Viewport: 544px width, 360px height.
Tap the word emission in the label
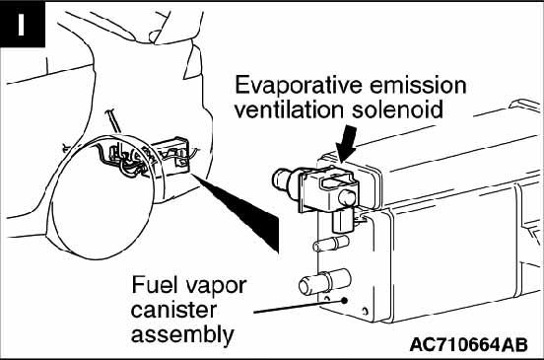pyautogui.click(x=418, y=86)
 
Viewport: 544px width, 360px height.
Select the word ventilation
pyautogui.click(x=289, y=109)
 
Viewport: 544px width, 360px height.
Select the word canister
pyautogui.click(x=173, y=310)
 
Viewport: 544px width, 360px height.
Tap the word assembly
pyautogui.click(x=182, y=335)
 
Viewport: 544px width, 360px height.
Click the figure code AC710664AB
pyautogui.click(x=469, y=345)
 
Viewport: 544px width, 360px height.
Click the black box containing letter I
pyautogui.click(x=23, y=24)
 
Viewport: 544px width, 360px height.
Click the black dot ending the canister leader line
pyautogui.click(x=344, y=301)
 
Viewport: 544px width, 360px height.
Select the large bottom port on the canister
pyautogui.click(x=324, y=282)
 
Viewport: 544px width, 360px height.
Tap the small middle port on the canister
pyautogui.click(x=331, y=243)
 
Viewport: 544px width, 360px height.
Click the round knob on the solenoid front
pyautogui.click(x=347, y=198)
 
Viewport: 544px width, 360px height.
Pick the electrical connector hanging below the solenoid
pyautogui.click(x=343, y=221)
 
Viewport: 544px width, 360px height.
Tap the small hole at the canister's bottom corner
pyautogui.click(x=365, y=311)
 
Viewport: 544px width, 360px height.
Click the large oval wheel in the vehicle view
pyautogui.click(x=102, y=197)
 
